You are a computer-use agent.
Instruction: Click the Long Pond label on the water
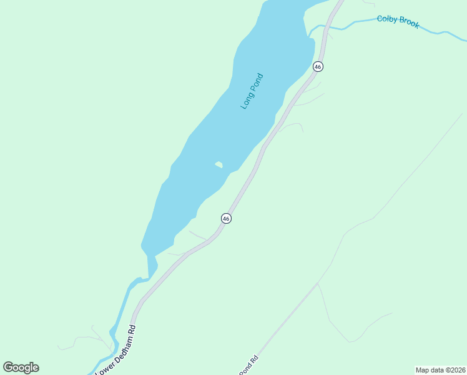[x=252, y=92]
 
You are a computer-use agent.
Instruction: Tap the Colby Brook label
[x=398, y=22]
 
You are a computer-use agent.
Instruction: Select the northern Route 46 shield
[x=318, y=66]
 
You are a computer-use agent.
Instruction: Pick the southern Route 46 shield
[x=226, y=218]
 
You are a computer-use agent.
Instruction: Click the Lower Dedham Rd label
[x=116, y=351]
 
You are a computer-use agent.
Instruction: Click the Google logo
[x=21, y=367]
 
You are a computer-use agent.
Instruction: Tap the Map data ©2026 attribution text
[x=440, y=369]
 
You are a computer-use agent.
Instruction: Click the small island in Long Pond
[x=219, y=165]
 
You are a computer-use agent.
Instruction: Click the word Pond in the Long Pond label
[x=257, y=83]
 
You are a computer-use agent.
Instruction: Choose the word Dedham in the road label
[x=122, y=343]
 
